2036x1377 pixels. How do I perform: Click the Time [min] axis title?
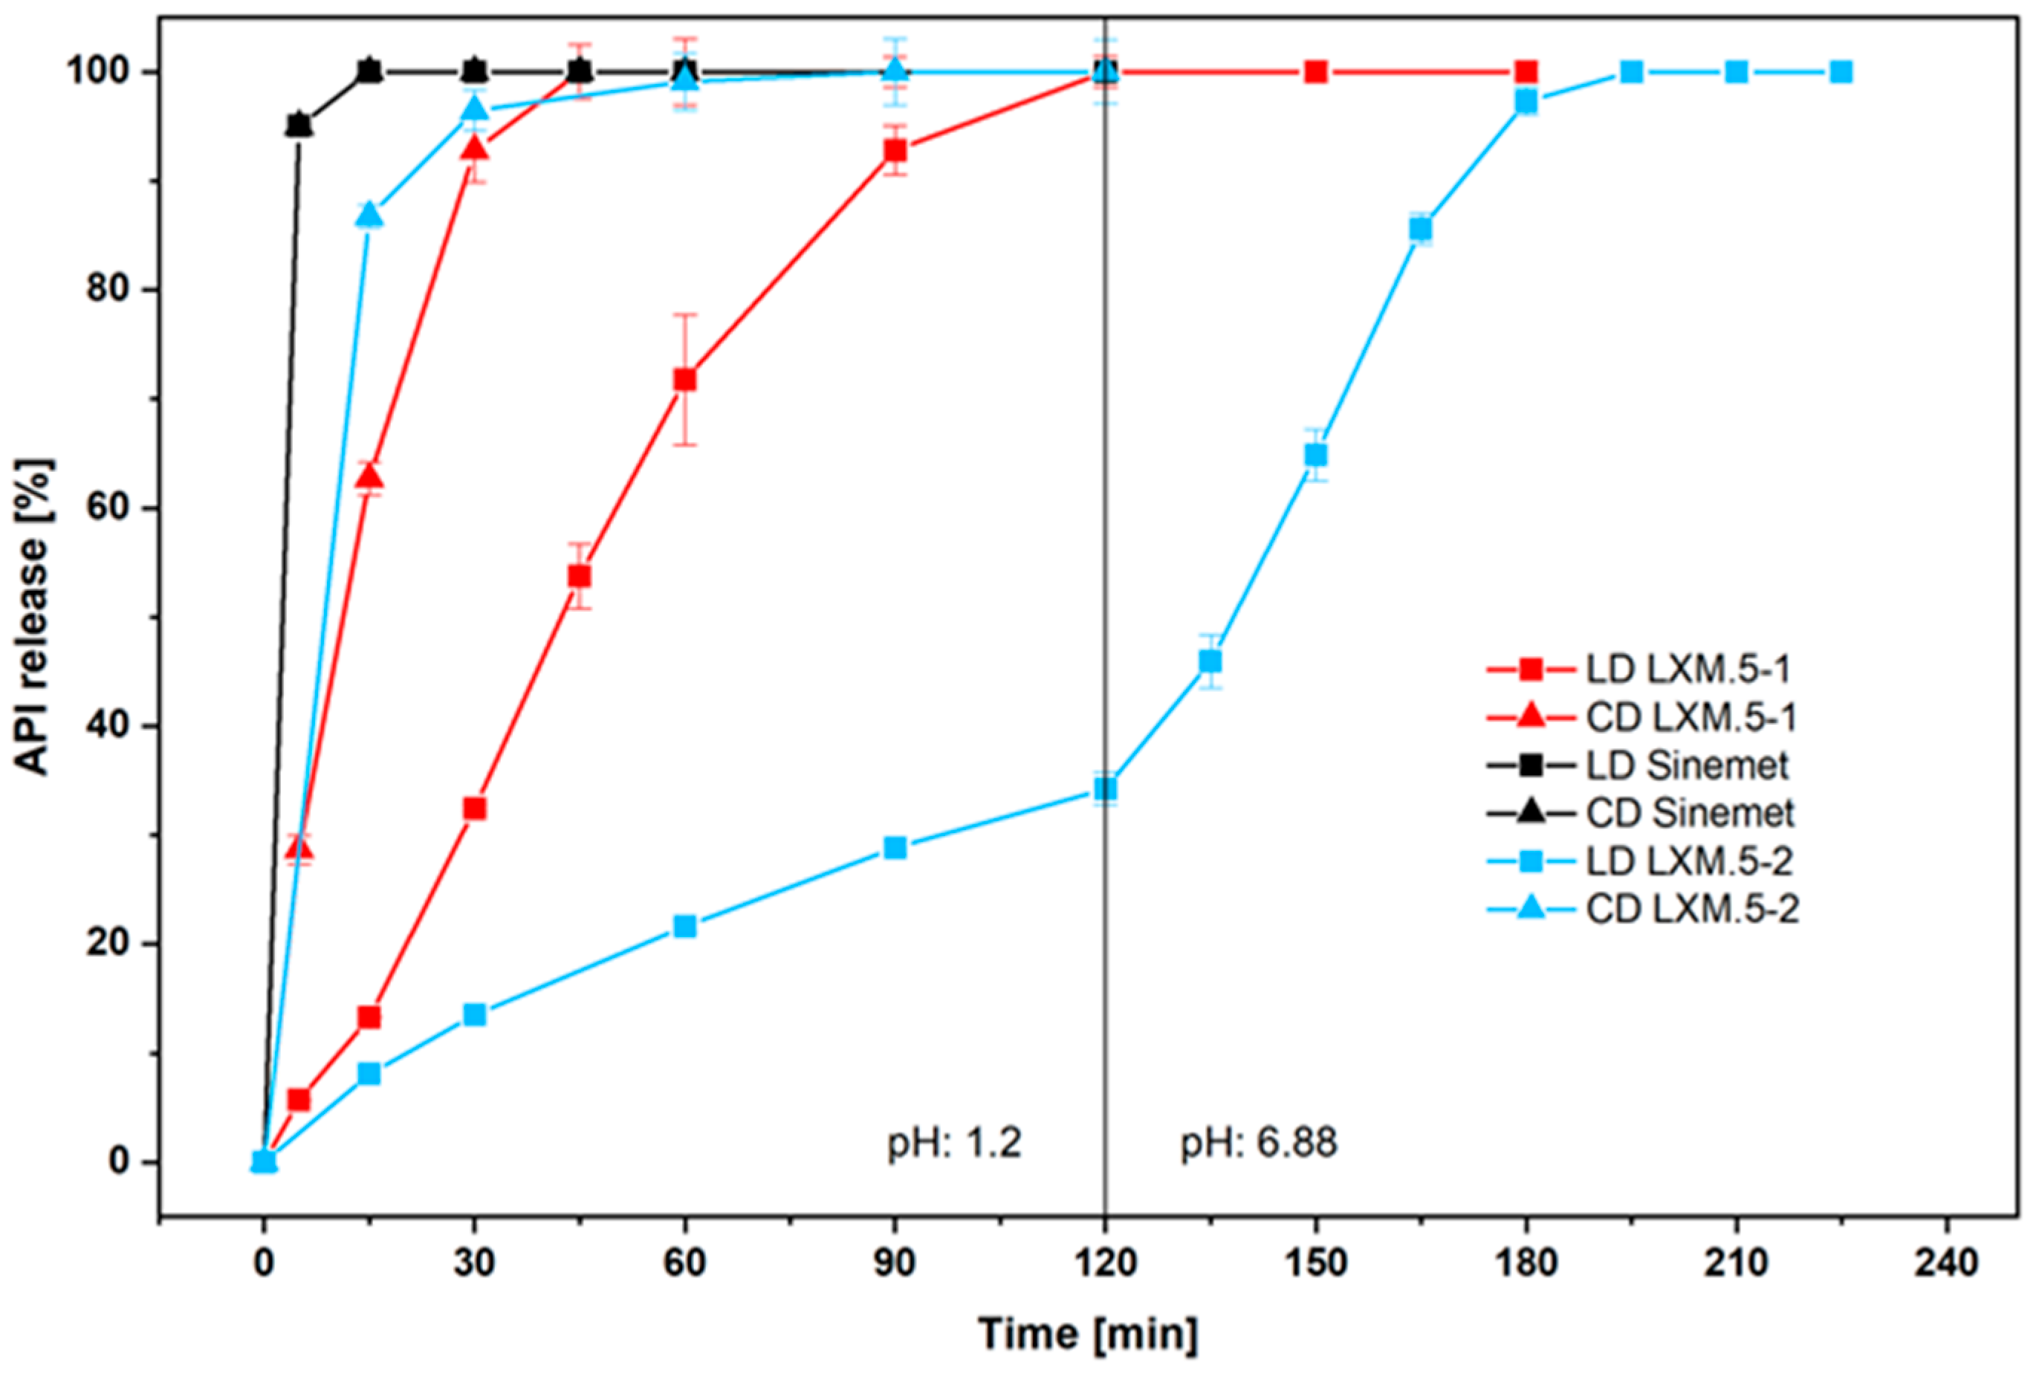tap(1087, 1334)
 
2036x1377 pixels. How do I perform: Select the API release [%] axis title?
tap(35, 617)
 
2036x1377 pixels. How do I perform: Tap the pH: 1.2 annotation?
tap(954, 1142)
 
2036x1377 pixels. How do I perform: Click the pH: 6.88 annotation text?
tap(1258, 1142)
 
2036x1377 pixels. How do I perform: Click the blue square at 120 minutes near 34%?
tap(1106, 789)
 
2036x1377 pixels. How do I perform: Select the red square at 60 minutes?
tap(685, 379)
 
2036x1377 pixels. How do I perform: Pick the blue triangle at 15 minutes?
tap(370, 215)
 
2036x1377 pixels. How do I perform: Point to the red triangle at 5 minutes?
tap(299, 848)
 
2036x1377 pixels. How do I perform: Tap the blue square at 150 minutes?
tap(1316, 455)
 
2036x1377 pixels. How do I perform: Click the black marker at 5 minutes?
tap(299, 126)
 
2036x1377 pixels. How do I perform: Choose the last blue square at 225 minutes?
tap(1841, 72)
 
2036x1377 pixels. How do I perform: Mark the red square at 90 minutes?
tap(895, 151)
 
